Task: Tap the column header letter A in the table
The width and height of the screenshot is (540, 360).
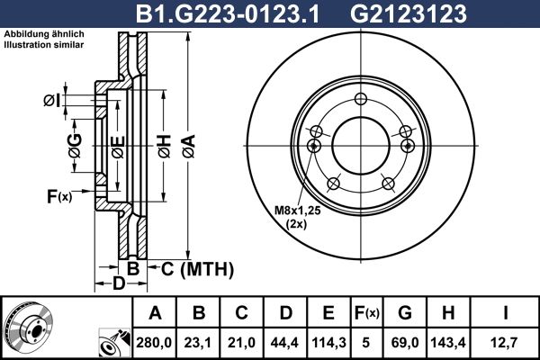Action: coord(155,313)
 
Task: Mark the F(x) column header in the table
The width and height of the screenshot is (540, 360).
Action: coord(365,313)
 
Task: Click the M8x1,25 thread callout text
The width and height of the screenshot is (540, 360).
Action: coord(296,211)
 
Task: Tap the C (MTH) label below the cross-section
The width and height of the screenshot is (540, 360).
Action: coord(198,268)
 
